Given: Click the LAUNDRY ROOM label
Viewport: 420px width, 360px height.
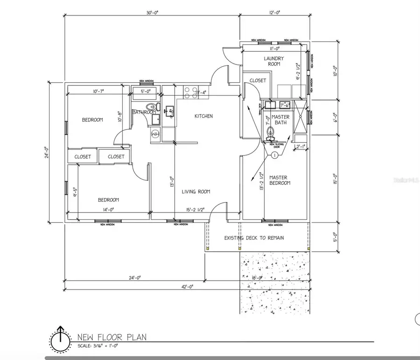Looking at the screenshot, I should coord(273,61).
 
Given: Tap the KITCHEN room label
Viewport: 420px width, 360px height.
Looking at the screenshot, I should coord(203,116).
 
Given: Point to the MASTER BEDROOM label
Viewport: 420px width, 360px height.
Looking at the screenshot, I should coord(280,180).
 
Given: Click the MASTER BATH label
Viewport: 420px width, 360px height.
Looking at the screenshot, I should coord(280,120).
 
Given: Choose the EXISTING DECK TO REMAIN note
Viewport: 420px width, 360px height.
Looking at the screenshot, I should coord(254,238).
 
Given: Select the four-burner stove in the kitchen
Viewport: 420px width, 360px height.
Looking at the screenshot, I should coord(189,92).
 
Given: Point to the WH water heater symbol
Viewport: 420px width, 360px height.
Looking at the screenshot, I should coord(155,134).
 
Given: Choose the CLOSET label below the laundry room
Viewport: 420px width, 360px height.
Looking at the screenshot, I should coord(258,80).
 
